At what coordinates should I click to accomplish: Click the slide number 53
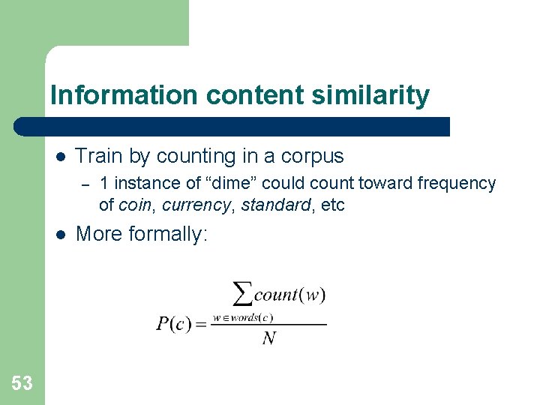[22, 383]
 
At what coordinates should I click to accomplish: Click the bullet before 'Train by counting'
[61, 157]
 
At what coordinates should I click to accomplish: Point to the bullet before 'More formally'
[61, 235]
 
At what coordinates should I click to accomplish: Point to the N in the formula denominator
[268, 339]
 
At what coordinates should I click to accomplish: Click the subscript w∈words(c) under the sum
[243, 317]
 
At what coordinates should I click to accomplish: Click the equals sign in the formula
[202, 325]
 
